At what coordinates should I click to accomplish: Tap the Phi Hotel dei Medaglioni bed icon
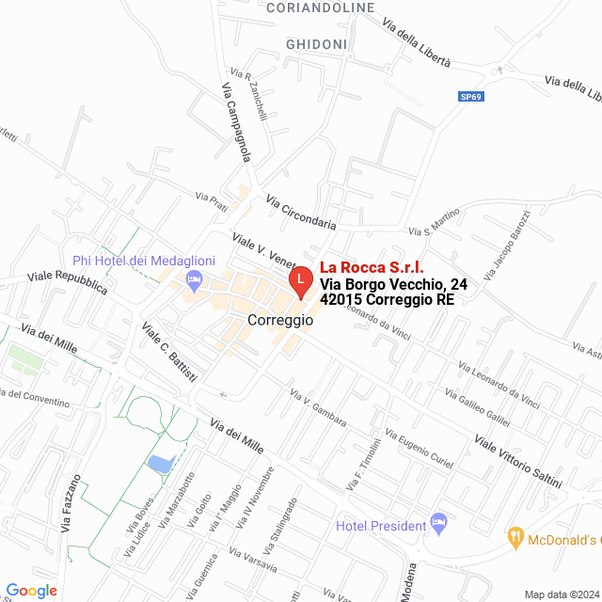tap(195, 278)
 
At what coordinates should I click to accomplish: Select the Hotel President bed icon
tap(437, 521)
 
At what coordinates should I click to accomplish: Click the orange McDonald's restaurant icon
tap(515, 539)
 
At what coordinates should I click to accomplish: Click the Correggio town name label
tap(280, 320)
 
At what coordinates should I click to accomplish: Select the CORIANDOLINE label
tap(321, 8)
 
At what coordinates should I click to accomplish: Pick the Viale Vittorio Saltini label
tap(518, 462)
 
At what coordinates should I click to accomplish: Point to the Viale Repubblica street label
tap(68, 281)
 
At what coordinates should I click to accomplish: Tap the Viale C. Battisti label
tap(170, 352)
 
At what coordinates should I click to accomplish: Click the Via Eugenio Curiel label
tap(420, 451)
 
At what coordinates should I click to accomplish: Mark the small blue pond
tap(161, 462)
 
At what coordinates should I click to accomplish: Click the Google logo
tap(32, 590)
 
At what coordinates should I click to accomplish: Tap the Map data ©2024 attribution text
tap(562, 594)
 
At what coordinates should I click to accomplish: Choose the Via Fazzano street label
tap(72, 508)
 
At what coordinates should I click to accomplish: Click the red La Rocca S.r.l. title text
tap(372, 267)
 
